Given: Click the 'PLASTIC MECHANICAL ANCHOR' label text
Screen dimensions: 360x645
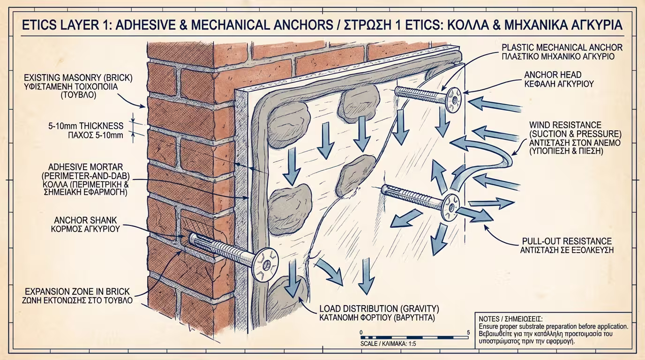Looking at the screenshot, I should [x=562, y=47].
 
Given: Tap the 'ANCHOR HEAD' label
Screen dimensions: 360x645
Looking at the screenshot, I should [x=553, y=75].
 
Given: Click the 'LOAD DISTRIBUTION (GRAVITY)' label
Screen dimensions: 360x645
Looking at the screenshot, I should [x=379, y=309].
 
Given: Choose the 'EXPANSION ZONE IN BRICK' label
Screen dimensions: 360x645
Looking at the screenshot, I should [x=78, y=291].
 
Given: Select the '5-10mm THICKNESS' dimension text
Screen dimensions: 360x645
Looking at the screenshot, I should [x=86, y=126].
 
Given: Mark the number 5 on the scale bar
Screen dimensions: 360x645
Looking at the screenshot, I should [x=468, y=332].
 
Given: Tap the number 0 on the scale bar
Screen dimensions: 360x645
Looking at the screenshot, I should [x=361, y=332].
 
